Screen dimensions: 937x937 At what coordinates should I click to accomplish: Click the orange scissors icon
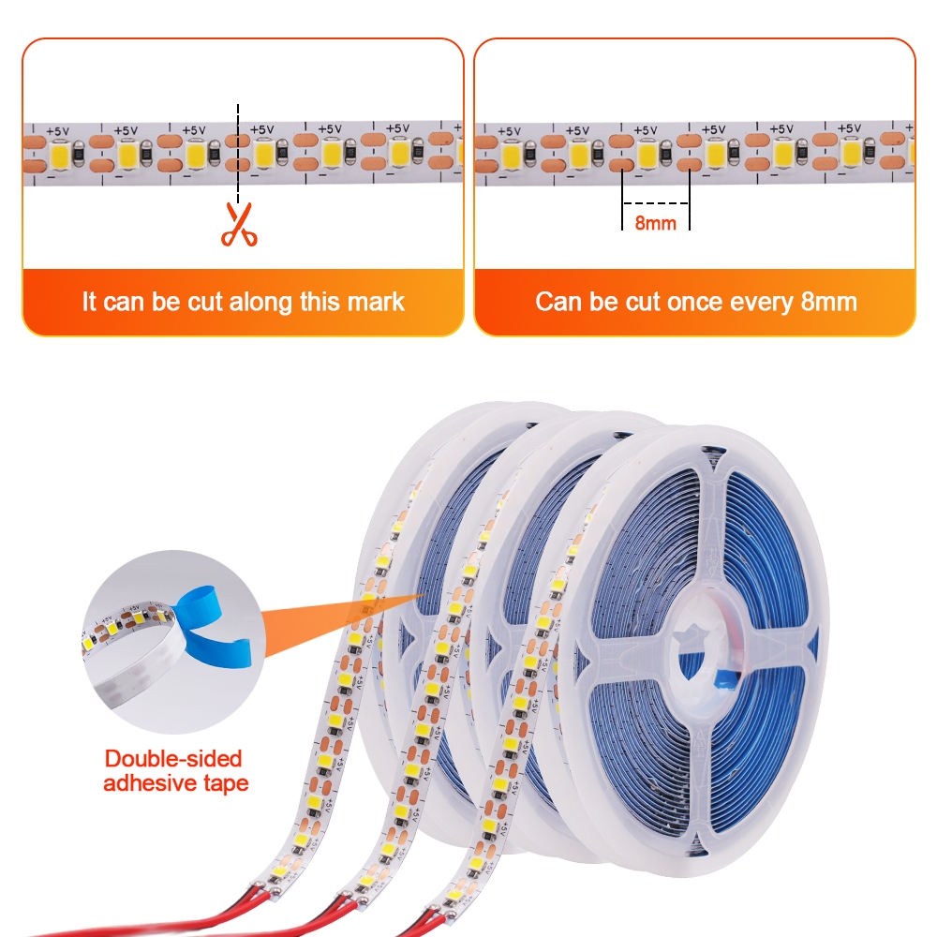click(238, 225)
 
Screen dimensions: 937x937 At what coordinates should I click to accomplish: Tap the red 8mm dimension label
click(655, 223)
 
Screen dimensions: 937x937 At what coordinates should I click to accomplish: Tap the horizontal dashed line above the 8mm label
click(656, 203)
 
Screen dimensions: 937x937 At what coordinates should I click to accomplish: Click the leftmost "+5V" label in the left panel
click(57, 130)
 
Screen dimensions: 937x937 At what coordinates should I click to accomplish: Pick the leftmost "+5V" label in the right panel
click(509, 130)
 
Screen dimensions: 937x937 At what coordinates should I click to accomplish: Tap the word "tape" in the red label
click(224, 782)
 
